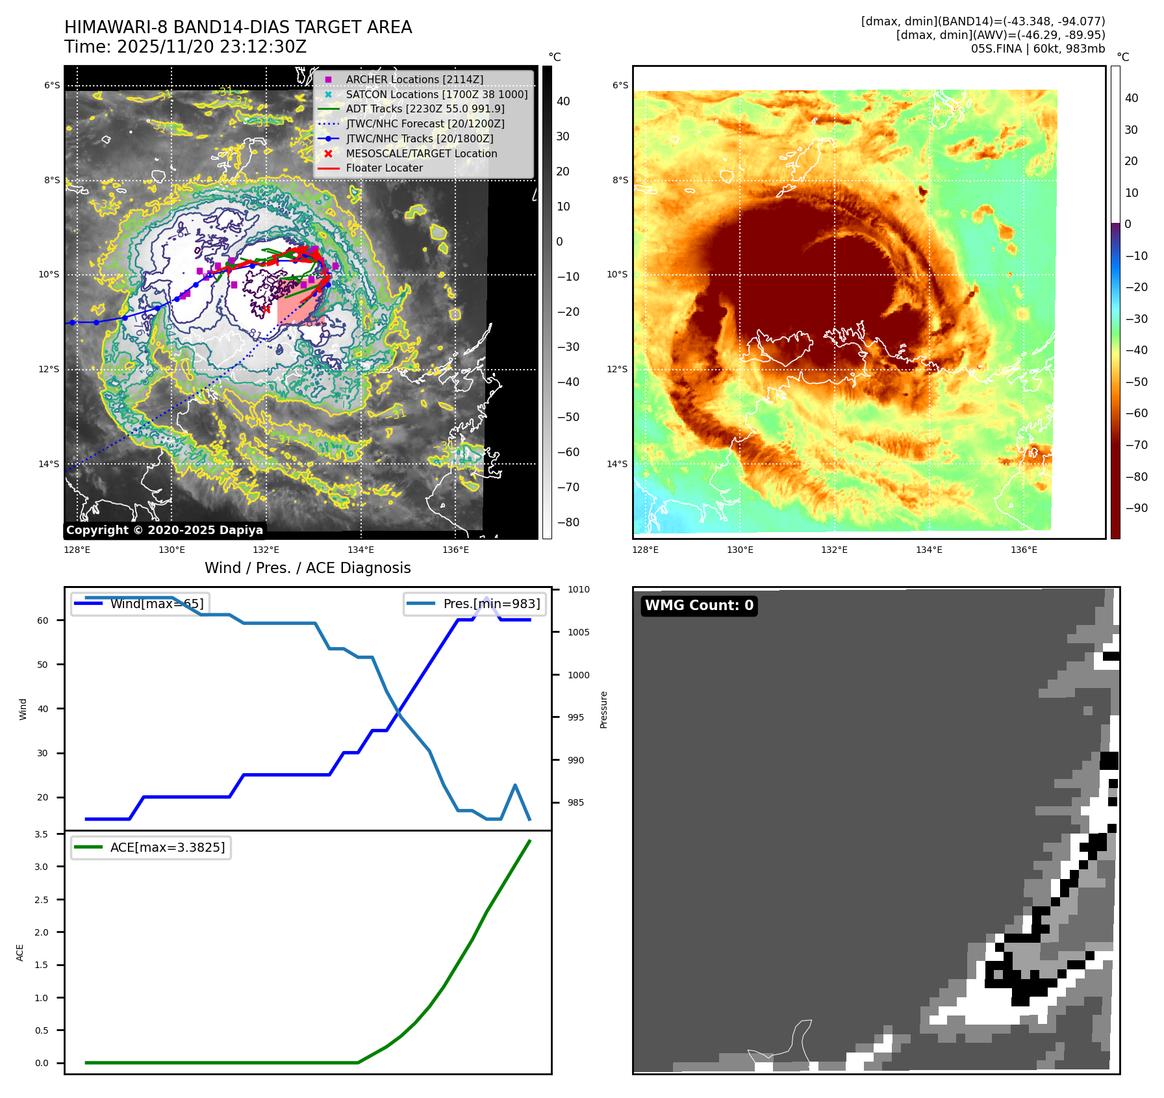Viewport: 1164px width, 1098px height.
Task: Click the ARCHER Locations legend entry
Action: click(414, 79)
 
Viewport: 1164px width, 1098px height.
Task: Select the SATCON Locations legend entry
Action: click(436, 94)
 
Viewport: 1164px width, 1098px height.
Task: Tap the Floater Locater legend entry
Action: click(384, 168)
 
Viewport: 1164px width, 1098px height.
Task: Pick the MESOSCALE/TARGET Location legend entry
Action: click(421, 153)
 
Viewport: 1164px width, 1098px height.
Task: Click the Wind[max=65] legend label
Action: click(157, 604)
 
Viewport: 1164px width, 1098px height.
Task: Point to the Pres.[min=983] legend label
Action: click(491, 604)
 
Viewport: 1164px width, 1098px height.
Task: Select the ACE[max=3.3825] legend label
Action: click(168, 847)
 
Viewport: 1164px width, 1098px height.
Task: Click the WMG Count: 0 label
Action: click(699, 606)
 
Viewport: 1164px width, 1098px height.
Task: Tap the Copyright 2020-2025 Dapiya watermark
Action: click(164, 530)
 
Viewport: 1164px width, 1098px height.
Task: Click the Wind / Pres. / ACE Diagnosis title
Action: click(307, 568)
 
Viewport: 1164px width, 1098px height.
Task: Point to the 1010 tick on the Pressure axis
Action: click(578, 589)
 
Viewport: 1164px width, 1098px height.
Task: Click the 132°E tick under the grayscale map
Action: click(266, 550)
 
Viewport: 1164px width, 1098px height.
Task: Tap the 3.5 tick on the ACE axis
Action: click(42, 834)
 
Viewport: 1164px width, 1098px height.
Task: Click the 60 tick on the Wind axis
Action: click(43, 620)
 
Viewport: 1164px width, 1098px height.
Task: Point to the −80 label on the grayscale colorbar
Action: click(568, 522)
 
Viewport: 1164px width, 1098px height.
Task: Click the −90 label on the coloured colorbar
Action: click(1136, 508)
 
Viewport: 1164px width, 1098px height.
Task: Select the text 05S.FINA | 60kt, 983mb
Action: click(1037, 49)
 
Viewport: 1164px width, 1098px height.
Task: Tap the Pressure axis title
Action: click(603, 709)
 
